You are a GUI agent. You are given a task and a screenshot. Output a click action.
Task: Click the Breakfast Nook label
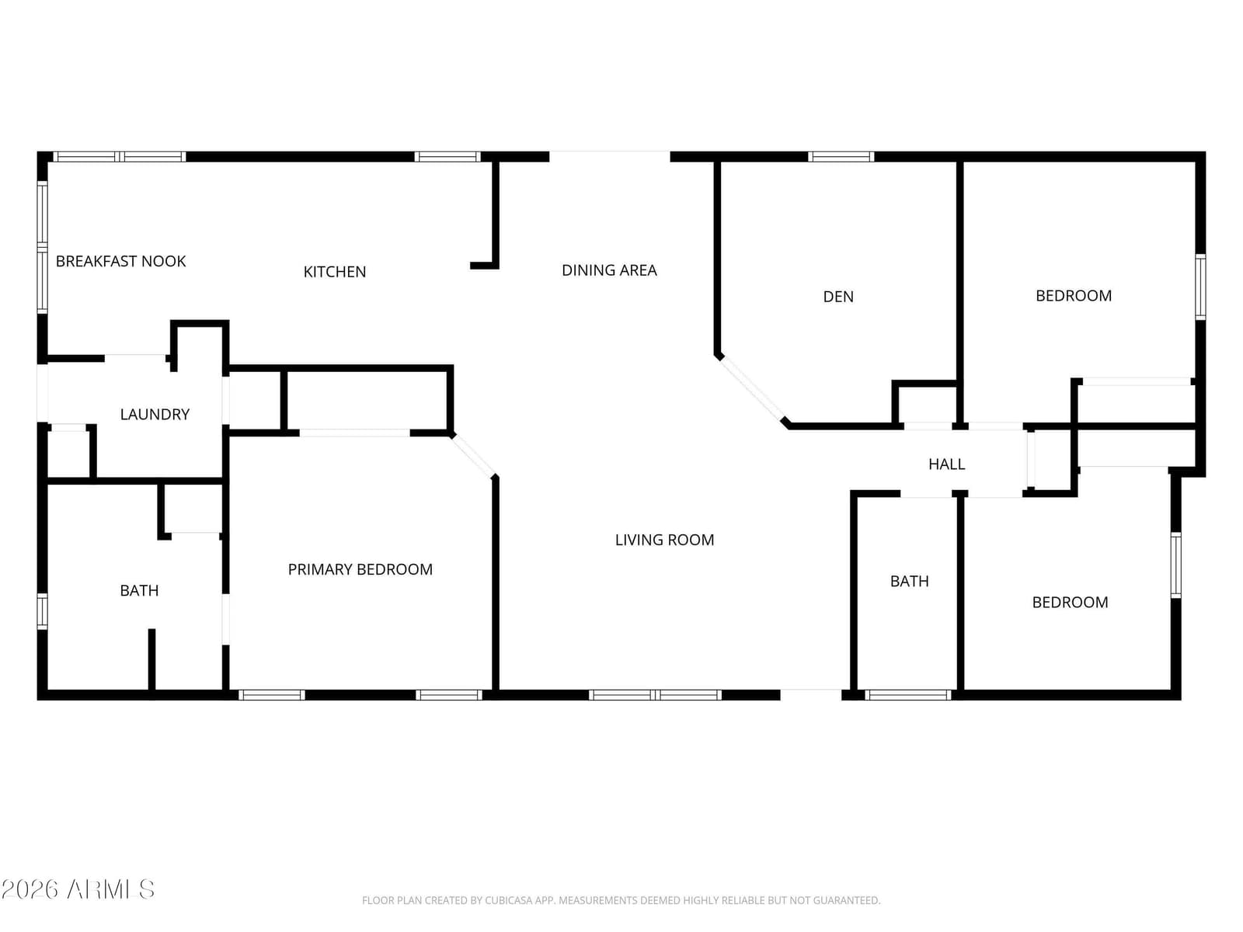pyautogui.click(x=120, y=262)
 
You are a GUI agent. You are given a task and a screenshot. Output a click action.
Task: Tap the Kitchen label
pyautogui.click(x=335, y=272)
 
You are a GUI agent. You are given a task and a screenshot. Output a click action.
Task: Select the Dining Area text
pyautogui.click(x=609, y=270)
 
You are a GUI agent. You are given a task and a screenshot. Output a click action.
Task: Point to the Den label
pyautogui.click(x=838, y=297)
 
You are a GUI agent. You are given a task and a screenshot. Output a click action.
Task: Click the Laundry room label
pyautogui.click(x=155, y=414)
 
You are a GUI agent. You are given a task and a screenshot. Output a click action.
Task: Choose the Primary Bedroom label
pyautogui.click(x=360, y=569)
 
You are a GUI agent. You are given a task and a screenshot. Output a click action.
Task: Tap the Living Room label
pyautogui.click(x=664, y=540)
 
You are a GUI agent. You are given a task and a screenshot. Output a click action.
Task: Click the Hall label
pyautogui.click(x=947, y=464)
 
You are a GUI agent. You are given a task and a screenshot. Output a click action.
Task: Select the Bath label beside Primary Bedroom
pyautogui.click(x=139, y=591)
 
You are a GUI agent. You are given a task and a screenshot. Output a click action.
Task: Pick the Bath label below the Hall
pyautogui.click(x=910, y=581)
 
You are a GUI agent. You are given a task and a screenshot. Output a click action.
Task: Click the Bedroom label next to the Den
pyautogui.click(x=1074, y=296)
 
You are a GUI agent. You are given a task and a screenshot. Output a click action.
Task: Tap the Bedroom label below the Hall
pyautogui.click(x=1071, y=602)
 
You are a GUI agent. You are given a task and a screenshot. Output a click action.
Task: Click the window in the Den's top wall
pyautogui.click(x=841, y=157)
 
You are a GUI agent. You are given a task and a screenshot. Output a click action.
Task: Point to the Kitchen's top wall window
pyautogui.click(x=447, y=157)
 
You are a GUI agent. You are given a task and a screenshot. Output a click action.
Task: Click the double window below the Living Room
pyautogui.click(x=655, y=695)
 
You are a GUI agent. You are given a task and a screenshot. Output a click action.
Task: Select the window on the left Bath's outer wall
pyautogui.click(x=43, y=611)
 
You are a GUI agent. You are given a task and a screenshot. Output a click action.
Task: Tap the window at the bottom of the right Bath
pyautogui.click(x=908, y=695)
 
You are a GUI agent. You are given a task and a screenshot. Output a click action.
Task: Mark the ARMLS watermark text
pyautogui.click(x=78, y=889)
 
